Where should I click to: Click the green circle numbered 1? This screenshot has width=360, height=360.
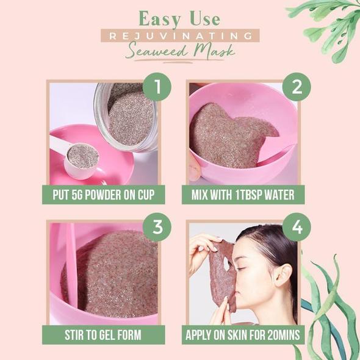tap(157, 87)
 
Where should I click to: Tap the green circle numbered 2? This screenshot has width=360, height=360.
tap(297, 87)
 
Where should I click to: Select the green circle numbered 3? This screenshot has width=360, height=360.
tap(157, 227)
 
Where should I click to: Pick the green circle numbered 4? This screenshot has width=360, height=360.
tap(297, 227)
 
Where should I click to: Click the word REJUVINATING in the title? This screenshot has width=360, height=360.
tap(181, 36)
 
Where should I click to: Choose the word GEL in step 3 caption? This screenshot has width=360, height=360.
tap(108, 335)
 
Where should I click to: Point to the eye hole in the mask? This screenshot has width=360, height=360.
tap(227, 264)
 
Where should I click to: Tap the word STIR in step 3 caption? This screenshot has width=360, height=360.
tap(73, 335)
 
